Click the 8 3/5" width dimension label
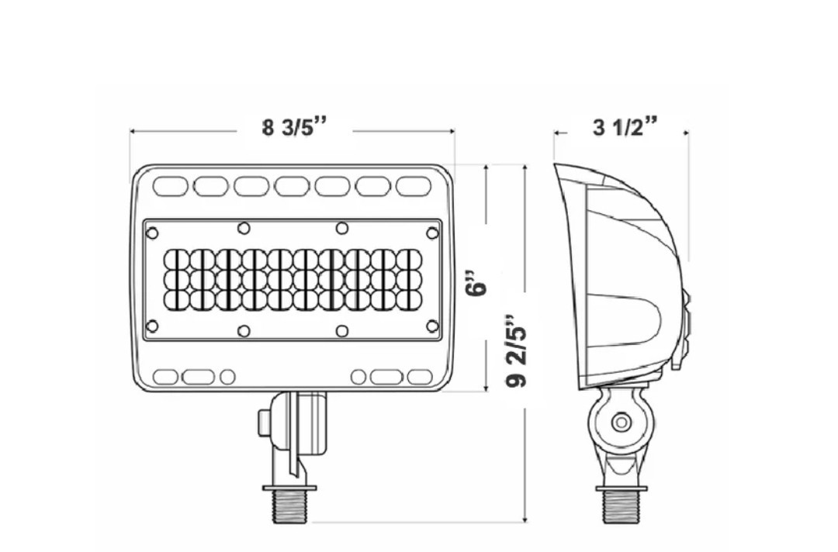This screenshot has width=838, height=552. pyautogui.click(x=293, y=128)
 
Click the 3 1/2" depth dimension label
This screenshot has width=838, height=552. pyautogui.click(x=625, y=128)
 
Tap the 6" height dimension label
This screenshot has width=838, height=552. pyautogui.click(x=476, y=283)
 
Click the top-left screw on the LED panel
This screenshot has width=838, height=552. pyautogui.click(x=152, y=233)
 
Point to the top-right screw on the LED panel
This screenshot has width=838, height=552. pyautogui.click(x=432, y=233)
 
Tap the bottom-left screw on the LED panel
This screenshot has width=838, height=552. pyautogui.click(x=152, y=326)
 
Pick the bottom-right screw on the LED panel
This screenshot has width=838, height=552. pyautogui.click(x=432, y=326)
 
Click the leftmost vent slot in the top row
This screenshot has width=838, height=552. pyautogui.click(x=171, y=186)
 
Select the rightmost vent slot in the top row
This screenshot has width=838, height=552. pyautogui.click(x=414, y=186)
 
